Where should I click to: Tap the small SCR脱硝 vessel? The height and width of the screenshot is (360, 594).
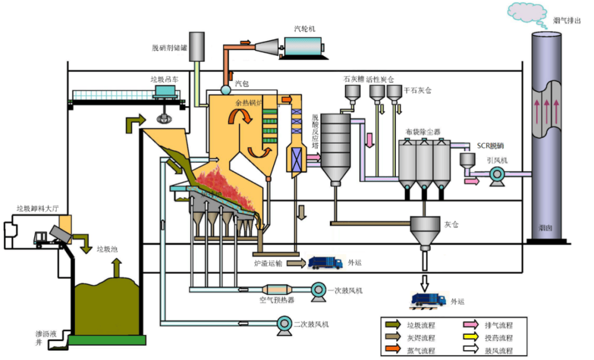(468, 160)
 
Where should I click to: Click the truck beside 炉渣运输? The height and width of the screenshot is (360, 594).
(325, 263)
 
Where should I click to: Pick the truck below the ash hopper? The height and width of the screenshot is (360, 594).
(430, 299)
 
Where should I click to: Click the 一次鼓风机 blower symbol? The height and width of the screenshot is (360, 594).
(318, 290)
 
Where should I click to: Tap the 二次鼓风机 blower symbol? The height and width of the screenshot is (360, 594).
(284, 324)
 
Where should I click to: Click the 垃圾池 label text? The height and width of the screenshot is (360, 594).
(107, 249)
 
